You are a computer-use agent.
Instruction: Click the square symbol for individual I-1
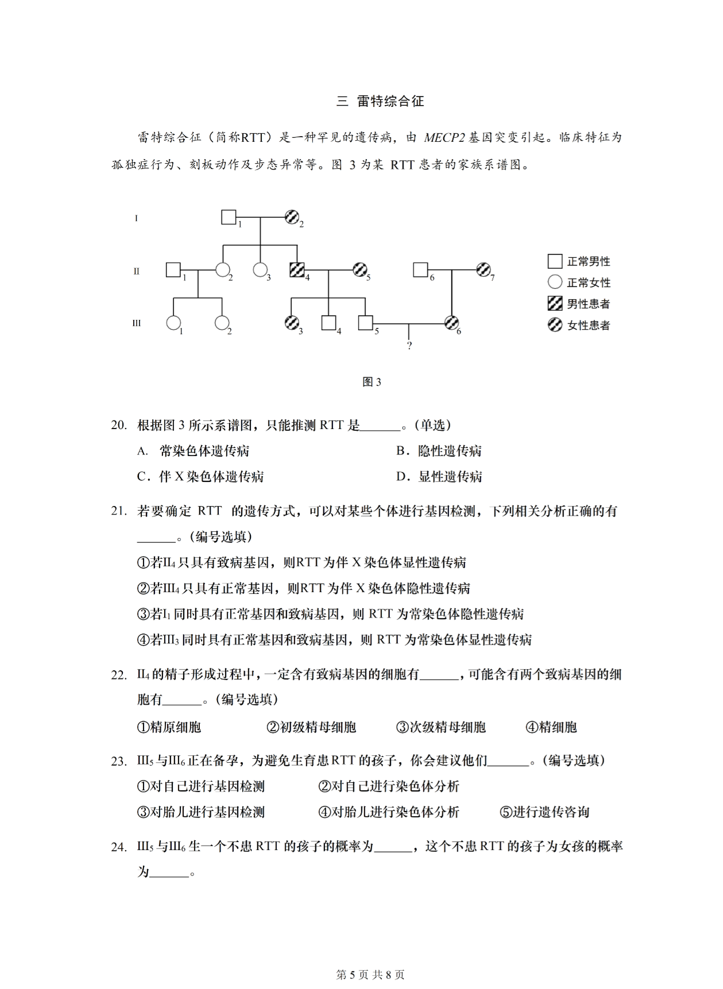[229, 217]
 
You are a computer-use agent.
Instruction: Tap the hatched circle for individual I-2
[292, 217]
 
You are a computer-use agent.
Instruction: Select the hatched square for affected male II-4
[297, 269]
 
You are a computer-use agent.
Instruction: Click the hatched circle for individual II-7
[484, 269]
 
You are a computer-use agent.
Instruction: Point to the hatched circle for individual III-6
[452, 323]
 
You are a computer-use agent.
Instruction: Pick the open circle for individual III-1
[173, 323]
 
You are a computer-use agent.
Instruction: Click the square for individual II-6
[420, 269]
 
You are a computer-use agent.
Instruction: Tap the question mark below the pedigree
[409, 346]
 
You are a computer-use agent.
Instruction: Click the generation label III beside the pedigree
[137, 323]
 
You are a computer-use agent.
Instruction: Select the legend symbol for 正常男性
[555, 261]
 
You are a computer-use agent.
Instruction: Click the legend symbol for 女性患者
[555, 325]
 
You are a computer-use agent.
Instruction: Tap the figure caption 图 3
[372, 382]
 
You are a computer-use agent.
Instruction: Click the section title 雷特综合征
[390, 102]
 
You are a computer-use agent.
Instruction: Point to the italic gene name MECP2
[444, 138]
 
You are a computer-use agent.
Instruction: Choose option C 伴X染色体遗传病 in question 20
[200, 477]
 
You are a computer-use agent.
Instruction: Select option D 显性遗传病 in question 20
[439, 477]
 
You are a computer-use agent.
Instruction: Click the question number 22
[119, 675]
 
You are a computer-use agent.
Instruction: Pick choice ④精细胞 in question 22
[551, 727]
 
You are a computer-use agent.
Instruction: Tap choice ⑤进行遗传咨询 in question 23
[544, 812]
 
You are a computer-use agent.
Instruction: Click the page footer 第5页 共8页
[370, 975]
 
